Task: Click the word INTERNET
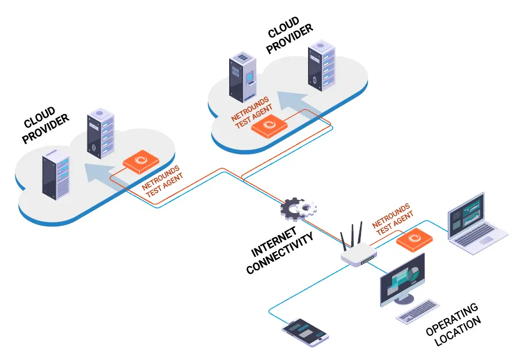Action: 274,241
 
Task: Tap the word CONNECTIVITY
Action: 280,253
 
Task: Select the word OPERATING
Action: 452,319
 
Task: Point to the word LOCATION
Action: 458,331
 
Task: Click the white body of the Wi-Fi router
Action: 359,254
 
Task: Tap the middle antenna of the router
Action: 353,235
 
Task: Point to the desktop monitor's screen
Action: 402,279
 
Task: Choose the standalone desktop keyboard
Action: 417,311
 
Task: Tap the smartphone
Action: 305,332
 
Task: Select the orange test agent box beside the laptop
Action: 415,240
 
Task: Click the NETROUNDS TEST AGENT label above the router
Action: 393,219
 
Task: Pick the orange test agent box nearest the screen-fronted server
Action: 269,126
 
